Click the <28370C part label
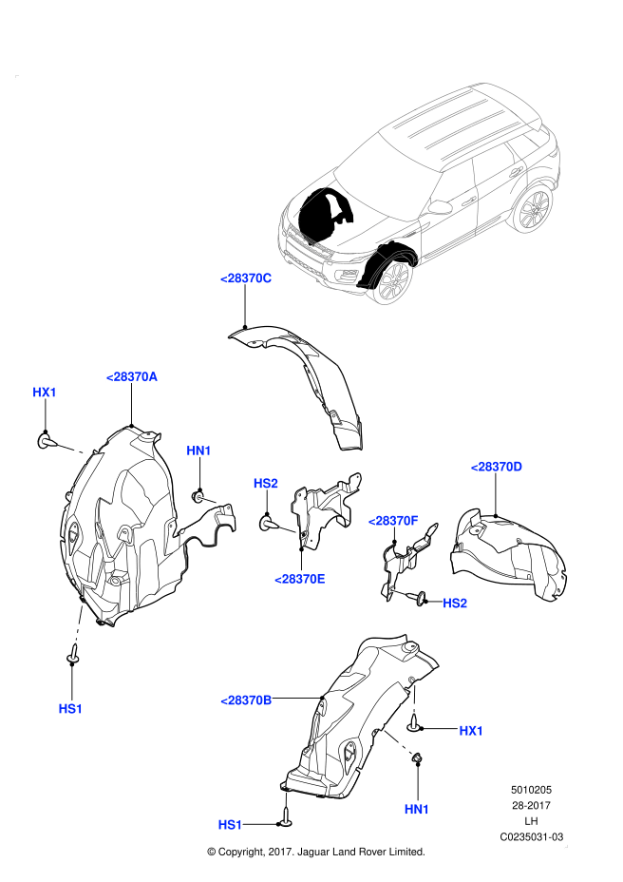tap(246, 278)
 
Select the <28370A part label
tap(131, 376)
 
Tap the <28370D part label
tap(497, 467)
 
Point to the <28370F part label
tap(393, 521)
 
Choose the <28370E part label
tap(300, 579)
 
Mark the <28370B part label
tap(247, 700)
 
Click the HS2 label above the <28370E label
tap(266, 484)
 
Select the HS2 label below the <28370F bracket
tap(455, 604)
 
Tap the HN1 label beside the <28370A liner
tap(198, 451)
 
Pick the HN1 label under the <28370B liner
tap(417, 809)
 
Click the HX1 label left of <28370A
tap(45, 393)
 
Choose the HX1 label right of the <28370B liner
tap(471, 731)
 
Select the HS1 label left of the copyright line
tap(231, 824)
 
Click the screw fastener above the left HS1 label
tap(72, 656)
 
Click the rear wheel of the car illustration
tap(535, 209)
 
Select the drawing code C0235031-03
tap(532, 837)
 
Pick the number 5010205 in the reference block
tap(532, 789)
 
